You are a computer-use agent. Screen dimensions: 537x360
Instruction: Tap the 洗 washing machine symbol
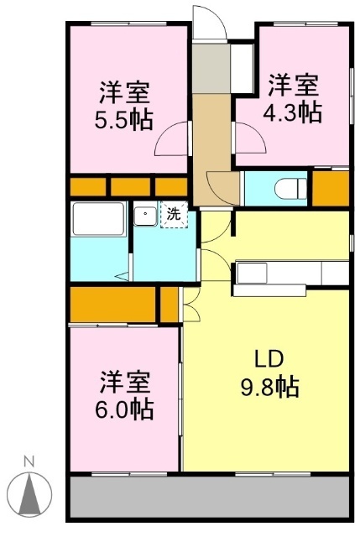[173, 215]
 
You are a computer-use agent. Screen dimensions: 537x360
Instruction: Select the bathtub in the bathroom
[97, 219]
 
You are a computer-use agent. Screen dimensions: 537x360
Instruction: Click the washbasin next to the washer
[146, 215]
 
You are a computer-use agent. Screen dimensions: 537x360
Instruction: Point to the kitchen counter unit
[290, 274]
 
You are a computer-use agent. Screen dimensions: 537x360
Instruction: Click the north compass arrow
[30, 493]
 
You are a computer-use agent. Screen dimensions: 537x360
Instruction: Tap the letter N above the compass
[29, 461]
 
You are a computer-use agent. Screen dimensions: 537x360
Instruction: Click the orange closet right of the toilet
[331, 187]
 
